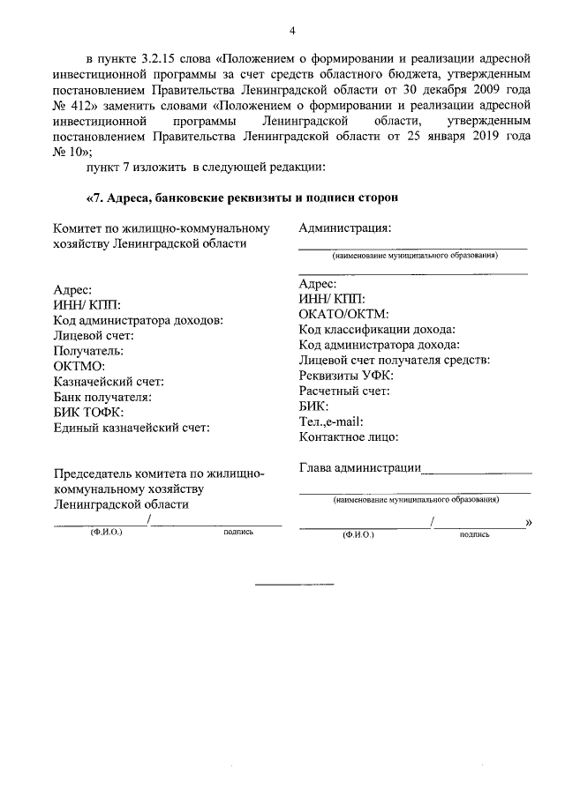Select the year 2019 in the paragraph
pos(485,136)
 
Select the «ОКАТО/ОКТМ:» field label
pos(344,314)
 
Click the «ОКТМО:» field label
pos(79,366)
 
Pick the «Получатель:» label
pos(88,350)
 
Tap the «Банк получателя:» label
pos(102,397)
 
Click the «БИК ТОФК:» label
pos(87,413)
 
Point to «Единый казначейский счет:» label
pos(132,428)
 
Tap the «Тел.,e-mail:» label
pos(331,421)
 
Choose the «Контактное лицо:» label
pos(350,436)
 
